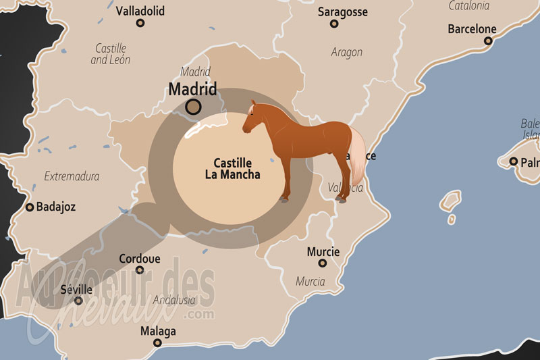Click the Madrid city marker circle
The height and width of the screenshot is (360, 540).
pos(194,106)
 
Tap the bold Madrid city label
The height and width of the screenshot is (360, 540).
pos(192,88)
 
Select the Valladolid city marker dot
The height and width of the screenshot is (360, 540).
pos(140,23)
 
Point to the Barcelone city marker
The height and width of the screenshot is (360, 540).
pos(488,41)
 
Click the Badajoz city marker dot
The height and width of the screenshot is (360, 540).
pos(30,207)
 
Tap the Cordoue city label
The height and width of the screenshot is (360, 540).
pos(139,259)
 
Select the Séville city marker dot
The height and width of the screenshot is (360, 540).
pos(79,301)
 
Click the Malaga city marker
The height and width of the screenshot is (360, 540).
pos(157,342)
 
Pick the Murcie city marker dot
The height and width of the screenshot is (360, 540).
pos(323,263)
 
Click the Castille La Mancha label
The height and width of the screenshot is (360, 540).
pos(232,168)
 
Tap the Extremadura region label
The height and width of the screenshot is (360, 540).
pos(72,177)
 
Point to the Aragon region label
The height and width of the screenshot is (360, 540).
pos(346,52)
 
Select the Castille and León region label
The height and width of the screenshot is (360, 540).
pos(111,54)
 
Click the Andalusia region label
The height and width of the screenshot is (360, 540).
pos(174,300)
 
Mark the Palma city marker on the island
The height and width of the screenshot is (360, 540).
pos(514,161)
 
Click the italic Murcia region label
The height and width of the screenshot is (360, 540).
pos(310,281)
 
